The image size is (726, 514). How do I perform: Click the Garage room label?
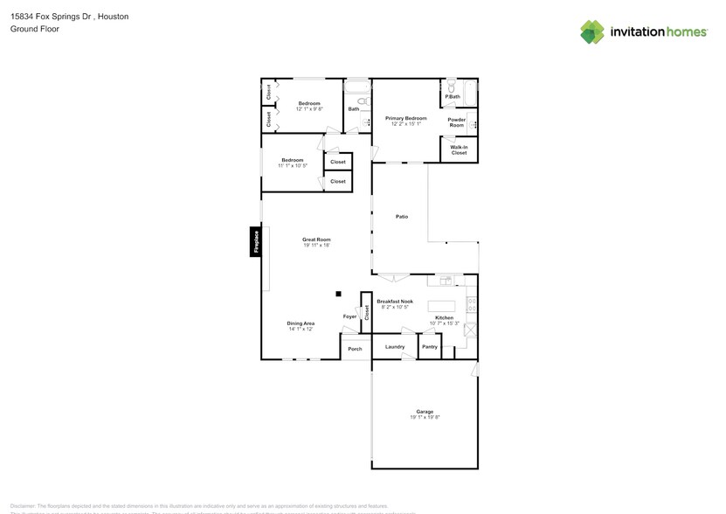425,411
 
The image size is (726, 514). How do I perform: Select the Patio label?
402,216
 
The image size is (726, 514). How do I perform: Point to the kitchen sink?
446,281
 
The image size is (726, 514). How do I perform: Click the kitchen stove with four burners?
472,305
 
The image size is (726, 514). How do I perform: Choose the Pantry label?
429,347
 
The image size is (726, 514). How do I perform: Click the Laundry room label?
395,347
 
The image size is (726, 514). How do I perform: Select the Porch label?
355,349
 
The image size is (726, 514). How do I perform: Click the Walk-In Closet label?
459,149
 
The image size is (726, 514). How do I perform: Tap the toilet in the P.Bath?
451,88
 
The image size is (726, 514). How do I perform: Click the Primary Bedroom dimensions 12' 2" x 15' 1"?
406,123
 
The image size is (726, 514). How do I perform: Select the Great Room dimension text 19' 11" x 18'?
316,245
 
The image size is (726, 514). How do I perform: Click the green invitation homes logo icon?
592,32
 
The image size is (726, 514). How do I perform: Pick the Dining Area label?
301,323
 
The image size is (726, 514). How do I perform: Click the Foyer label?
349,316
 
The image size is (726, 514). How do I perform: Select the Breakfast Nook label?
395,302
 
